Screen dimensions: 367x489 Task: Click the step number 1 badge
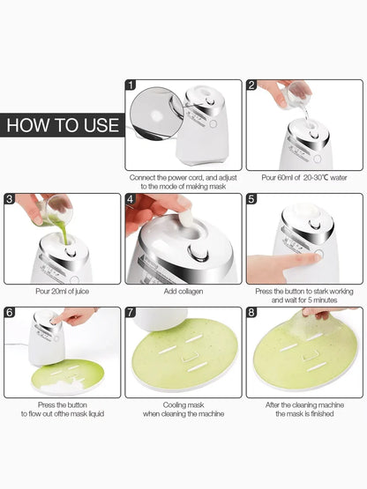tap(131, 85)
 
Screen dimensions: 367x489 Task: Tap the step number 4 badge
tap(131, 198)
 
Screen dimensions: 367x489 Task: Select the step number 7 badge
tap(131, 312)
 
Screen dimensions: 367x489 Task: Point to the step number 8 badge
tap(251, 312)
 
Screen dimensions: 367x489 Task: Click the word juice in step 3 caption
tap(82, 292)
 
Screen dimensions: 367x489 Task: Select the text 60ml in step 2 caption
tap(285, 178)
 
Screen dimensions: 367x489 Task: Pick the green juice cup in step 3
tap(56, 211)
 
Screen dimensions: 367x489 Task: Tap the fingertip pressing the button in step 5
tap(315, 257)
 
